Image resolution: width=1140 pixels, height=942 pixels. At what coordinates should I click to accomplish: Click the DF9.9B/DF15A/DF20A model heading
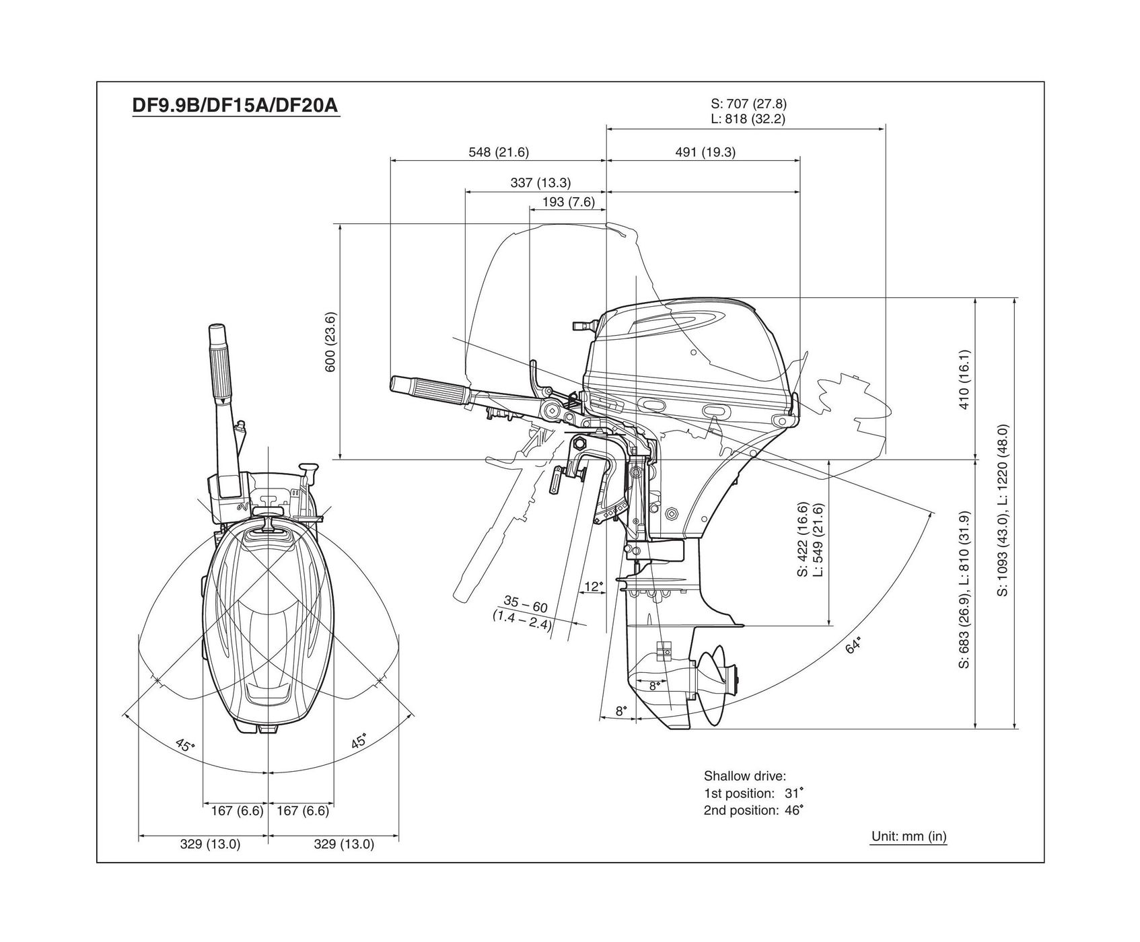coord(236,106)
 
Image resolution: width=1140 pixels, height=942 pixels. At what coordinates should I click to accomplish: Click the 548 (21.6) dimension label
coord(499,152)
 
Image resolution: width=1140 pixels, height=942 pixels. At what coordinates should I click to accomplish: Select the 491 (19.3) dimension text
coord(705,152)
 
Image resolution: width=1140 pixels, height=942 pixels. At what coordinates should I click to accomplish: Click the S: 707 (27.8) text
coord(748,104)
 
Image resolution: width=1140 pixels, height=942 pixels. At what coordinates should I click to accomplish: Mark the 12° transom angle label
coord(594,587)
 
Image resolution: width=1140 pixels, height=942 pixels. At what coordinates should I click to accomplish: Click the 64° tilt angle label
coord(853,645)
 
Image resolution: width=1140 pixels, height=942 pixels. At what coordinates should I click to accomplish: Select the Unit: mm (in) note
coord(909,836)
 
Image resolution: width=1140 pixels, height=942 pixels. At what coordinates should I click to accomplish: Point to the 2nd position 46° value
coord(793,810)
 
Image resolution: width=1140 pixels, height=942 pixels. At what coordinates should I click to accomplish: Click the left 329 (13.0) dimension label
coord(210,844)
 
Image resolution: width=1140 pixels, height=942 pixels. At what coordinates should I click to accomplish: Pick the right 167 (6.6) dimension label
coord(303,811)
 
